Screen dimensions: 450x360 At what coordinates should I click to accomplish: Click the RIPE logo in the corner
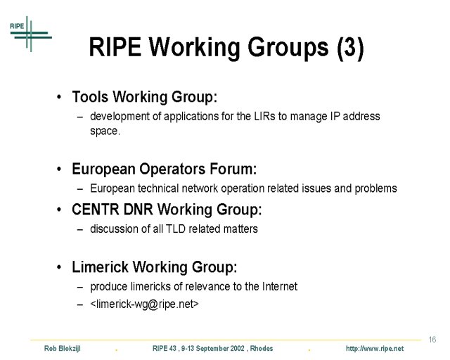pyautogui.click(x=31, y=34)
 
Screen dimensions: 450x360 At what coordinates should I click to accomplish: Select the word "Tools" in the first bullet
pyautogui.click(x=90, y=97)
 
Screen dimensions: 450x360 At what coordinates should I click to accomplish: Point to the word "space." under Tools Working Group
pyautogui.click(x=105, y=131)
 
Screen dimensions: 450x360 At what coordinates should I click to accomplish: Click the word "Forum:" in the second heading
pyautogui.click(x=233, y=169)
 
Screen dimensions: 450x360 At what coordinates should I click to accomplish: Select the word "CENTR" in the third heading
pyautogui.click(x=96, y=210)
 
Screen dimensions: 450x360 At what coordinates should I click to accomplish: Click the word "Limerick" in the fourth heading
pyautogui.click(x=100, y=266)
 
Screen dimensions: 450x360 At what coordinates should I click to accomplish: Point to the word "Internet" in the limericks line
pyautogui.click(x=280, y=286)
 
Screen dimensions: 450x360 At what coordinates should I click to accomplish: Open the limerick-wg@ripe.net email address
pyautogui.click(x=144, y=304)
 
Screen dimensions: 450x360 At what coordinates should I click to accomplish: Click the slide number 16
pyautogui.click(x=432, y=340)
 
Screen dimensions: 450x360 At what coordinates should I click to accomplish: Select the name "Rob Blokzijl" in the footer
pyautogui.click(x=63, y=349)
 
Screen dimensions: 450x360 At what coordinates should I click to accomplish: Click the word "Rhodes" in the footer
pyautogui.click(x=262, y=349)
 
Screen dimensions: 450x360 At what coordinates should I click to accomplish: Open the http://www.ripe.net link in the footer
pyautogui.click(x=375, y=349)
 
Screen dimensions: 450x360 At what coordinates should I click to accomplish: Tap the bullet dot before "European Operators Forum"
pyautogui.click(x=59, y=169)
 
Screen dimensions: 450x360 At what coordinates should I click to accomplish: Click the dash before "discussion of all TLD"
pyautogui.click(x=80, y=230)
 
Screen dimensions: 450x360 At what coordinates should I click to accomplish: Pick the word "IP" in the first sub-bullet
pyautogui.click(x=335, y=116)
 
